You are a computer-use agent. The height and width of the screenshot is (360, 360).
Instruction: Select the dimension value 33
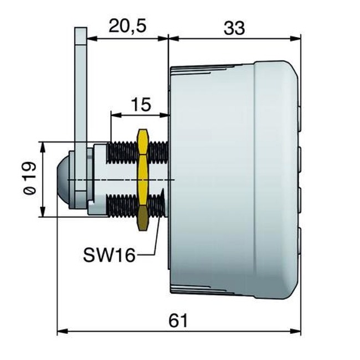(234, 28)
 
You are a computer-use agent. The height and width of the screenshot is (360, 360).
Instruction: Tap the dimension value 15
(142, 105)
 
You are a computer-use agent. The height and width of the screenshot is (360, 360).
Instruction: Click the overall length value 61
(178, 320)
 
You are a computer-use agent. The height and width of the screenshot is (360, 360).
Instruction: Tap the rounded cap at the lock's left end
(63, 179)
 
